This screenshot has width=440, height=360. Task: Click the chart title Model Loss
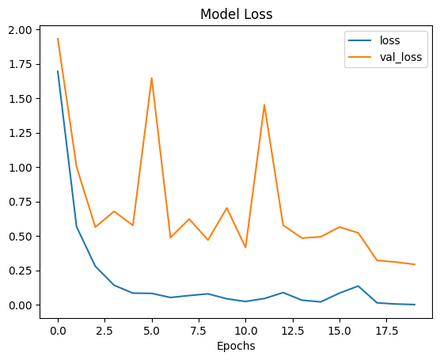(x=235, y=14)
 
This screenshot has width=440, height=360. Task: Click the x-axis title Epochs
(x=235, y=346)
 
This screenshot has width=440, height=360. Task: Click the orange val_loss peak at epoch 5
(x=152, y=78)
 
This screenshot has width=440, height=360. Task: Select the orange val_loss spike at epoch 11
(x=264, y=105)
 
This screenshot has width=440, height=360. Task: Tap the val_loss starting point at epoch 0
(x=58, y=39)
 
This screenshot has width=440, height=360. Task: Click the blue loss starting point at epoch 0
(x=58, y=72)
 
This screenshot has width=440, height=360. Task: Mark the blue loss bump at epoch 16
(x=358, y=286)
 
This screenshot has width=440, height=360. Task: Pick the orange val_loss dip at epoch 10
(x=245, y=248)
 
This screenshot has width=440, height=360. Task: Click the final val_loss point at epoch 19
(x=415, y=264)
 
